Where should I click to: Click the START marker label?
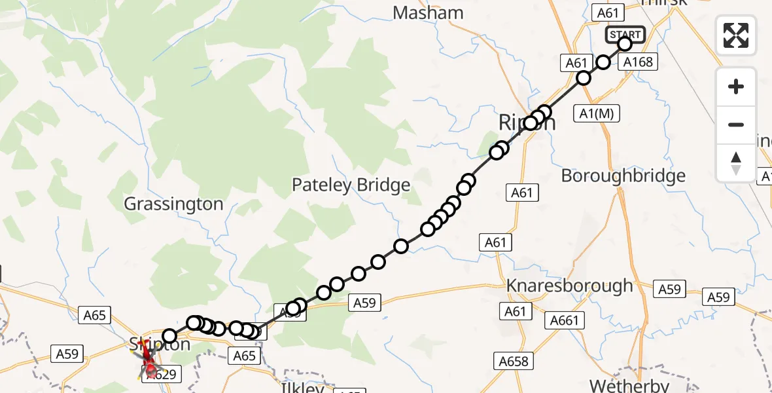tap(626, 34)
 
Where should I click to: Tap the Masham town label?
tap(429, 12)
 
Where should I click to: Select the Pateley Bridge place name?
tap(351, 185)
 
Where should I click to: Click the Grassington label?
tap(174, 204)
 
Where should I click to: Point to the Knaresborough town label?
tap(570, 286)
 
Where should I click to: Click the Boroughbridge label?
tap(623, 176)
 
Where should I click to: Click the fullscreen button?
tap(736, 35)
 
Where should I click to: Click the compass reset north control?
tap(736, 163)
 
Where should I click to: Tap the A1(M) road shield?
tap(595, 113)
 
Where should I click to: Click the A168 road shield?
tap(637, 62)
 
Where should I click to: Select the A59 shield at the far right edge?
tap(718, 297)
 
